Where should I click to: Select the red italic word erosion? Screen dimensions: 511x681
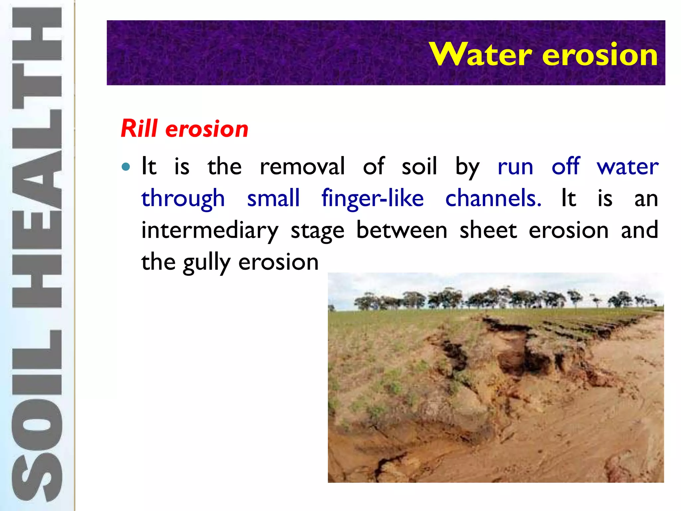pyautogui.click(x=207, y=129)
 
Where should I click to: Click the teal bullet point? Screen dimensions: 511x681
pyautogui.click(x=126, y=167)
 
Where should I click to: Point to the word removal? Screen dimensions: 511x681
pyautogui.click(x=302, y=166)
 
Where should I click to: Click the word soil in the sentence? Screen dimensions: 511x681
pyautogui.click(x=419, y=166)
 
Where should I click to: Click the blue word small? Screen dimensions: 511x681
pyautogui.click(x=273, y=198)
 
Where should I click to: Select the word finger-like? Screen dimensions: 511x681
pyautogui.click(x=372, y=198)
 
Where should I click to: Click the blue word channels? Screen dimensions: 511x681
pyautogui.click(x=493, y=198)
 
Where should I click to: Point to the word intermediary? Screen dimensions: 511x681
pyautogui.click(x=210, y=231)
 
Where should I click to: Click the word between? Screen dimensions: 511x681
pyautogui.click(x=402, y=230)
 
